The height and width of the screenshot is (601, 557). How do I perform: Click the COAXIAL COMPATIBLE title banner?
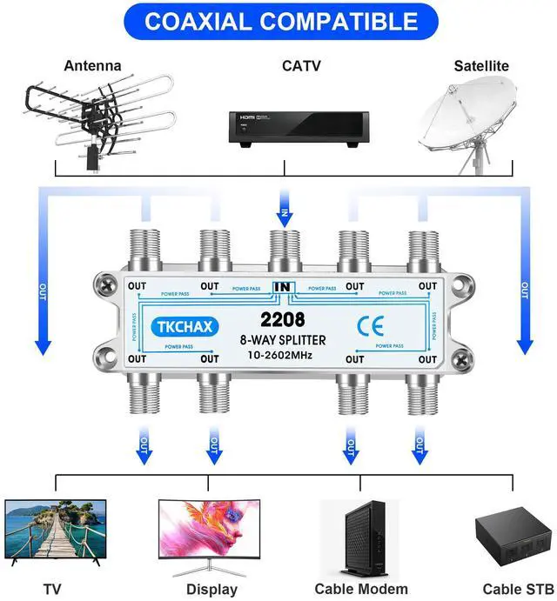(278, 21)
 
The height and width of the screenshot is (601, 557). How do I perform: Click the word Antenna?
(93, 65)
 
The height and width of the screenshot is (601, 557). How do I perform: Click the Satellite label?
(481, 65)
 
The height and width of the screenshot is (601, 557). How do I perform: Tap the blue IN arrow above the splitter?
(282, 209)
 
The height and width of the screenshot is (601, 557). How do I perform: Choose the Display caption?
(211, 589)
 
